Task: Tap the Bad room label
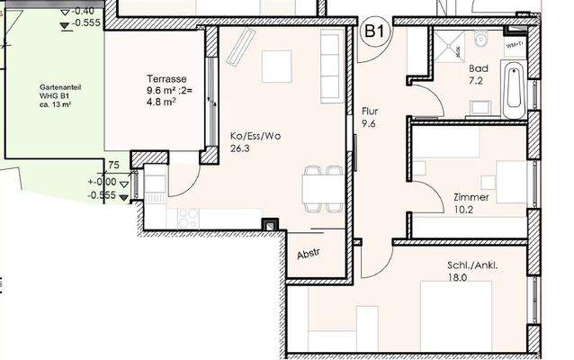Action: coord(479,68)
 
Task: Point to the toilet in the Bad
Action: coord(480,40)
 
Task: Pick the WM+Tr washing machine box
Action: coord(516,41)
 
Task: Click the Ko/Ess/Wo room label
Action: coord(256,136)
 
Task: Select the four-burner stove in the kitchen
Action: coord(190,216)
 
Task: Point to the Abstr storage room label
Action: coord(309,255)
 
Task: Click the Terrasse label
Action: coord(167,77)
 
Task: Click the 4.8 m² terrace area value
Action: coord(161,102)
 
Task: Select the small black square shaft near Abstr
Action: coord(268,224)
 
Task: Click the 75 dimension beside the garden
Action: coord(112,165)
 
